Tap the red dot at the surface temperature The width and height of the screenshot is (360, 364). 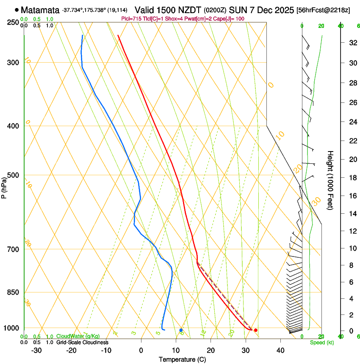pos(255,330)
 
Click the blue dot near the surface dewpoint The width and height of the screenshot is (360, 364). pos(181,330)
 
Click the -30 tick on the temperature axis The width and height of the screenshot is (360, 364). pos(36,350)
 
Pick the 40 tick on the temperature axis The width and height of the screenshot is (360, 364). pos(280,350)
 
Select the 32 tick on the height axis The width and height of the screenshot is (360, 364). pos(352,42)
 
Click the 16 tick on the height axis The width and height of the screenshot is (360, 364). pos(352,196)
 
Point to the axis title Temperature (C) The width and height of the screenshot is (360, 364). pos(182,360)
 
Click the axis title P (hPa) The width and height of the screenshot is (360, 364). pos(4,187)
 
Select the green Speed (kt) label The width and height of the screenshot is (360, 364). pos(321,342)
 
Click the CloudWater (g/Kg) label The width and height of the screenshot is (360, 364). pos(78,336)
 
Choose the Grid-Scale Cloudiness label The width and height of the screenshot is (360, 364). pos(82,342)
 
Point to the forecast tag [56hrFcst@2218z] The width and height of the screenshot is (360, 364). pos(323,10)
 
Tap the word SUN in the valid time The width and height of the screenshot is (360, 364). pos(237,10)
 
